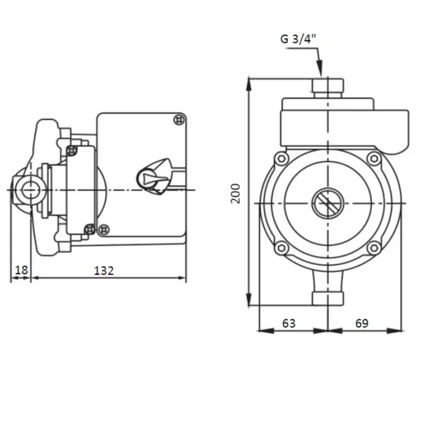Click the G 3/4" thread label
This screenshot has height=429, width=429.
[x=298, y=39]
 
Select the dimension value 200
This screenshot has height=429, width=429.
[x=235, y=194]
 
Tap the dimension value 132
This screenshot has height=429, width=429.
[x=104, y=271]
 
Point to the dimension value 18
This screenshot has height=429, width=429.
[x=21, y=270]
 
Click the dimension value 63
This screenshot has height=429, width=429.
[x=289, y=324]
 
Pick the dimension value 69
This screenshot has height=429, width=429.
[x=362, y=324]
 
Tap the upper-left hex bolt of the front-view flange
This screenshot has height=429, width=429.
[x=281, y=158]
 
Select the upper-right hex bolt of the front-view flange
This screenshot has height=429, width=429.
[x=374, y=158]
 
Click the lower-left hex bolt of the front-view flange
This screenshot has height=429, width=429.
[x=281, y=248]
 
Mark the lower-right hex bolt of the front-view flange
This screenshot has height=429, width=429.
[x=374, y=248]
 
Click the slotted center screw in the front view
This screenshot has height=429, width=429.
[x=328, y=203]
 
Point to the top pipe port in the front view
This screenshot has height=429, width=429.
[x=328, y=88]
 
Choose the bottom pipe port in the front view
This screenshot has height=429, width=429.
[x=328, y=298]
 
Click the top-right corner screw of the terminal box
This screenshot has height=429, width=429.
[x=180, y=120]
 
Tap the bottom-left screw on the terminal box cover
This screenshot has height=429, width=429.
[x=104, y=229]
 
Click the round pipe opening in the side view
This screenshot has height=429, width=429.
[x=31, y=189]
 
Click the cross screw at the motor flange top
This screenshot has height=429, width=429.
[x=72, y=150]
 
